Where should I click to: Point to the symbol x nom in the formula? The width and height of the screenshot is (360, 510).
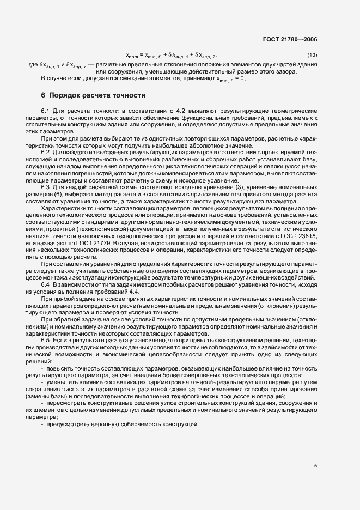click(132, 56)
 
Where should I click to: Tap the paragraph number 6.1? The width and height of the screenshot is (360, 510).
click(46, 111)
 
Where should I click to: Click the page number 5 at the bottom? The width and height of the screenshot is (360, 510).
click(316, 466)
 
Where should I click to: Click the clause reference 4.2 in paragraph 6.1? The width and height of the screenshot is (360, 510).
click(147, 111)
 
